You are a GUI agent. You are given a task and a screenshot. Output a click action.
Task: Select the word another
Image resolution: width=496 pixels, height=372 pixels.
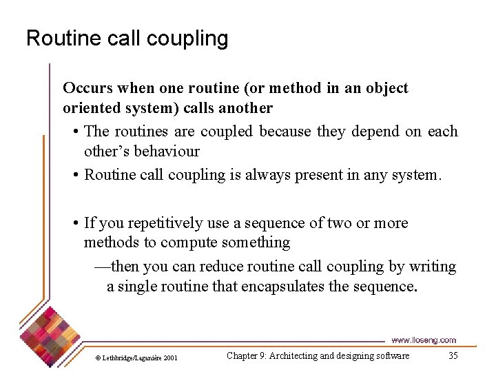pos(245,108)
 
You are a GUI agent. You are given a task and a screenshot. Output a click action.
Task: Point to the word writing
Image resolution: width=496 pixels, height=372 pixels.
pos(433,267)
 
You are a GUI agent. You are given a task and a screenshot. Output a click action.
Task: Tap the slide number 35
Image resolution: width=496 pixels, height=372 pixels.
pos(453,355)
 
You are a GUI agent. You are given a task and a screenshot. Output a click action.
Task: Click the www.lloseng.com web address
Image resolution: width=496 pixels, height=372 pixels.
pos(423,340)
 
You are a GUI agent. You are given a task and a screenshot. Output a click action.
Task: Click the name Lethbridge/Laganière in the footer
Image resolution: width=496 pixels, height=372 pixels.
pos(131,358)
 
